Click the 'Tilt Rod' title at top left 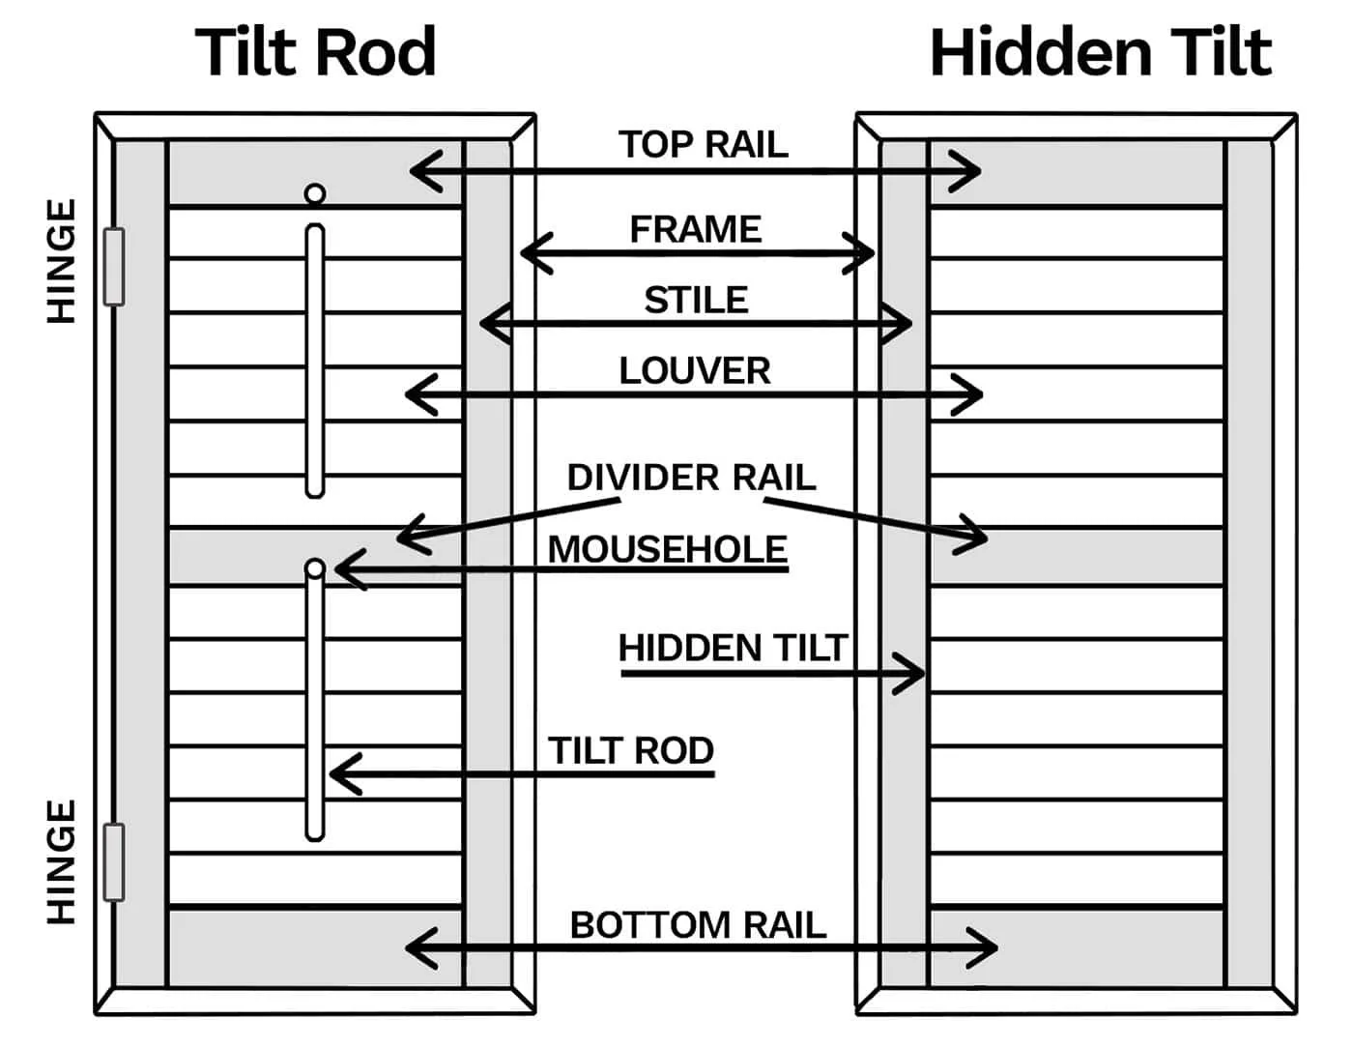point(316,52)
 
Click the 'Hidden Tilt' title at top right point(1100,52)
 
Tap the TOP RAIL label point(703,144)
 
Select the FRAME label point(695,229)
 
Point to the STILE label point(696,300)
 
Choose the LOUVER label point(694,370)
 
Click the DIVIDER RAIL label point(691,478)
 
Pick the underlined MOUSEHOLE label point(667,549)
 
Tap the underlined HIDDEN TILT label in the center point(733,648)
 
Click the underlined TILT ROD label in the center point(631,750)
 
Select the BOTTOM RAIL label point(698,925)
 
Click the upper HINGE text point(61,261)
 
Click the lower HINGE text point(61,861)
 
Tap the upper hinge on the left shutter point(114,267)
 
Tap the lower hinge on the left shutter point(114,862)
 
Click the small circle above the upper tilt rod point(314,194)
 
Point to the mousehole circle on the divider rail point(314,568)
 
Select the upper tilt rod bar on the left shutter point(314,360)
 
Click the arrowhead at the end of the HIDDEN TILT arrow point(913,674)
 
